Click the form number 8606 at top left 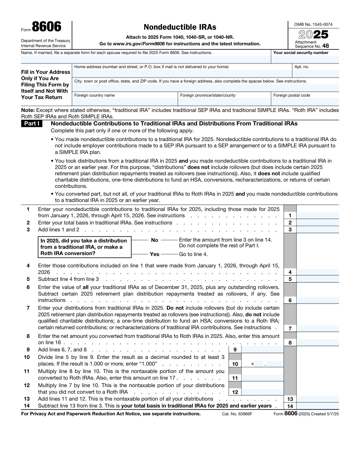click(x=46, y=27)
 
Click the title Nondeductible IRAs click(x=180, y=27)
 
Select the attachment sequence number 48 click(x=325, y=46)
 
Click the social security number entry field click(x=305, y=59)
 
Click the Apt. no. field click(x=316, y=73)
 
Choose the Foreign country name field click(x=125, y=102)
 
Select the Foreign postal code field click(x=305, y=102)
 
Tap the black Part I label click(x=31, y=124)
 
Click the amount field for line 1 click(x=317, y=215)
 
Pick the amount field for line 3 click(x=317, y=230)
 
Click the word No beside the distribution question click(x=154, y=240)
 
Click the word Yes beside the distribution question click(x=154, y=254)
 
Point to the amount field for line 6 click(x=317, y=300)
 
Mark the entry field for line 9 click(x=262, y=350)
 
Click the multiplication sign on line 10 click(x=252, y=364)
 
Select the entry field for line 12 click(x=262, y=392)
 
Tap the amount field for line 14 click(x=317, y=406)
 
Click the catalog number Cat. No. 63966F click(x=237, y=414)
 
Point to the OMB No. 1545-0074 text click(x=313, y=25)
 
